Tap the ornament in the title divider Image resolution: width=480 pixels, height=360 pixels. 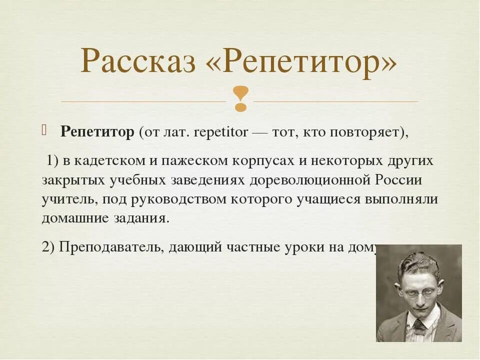(240, 99)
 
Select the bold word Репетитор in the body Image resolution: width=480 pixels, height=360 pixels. (97, 132)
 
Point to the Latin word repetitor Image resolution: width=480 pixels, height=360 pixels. (221, 132)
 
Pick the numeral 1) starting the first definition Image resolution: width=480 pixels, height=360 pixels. (53, 161)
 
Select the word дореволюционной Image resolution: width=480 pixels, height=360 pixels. (310, 180)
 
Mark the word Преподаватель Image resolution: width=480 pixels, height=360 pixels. (111, 247)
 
